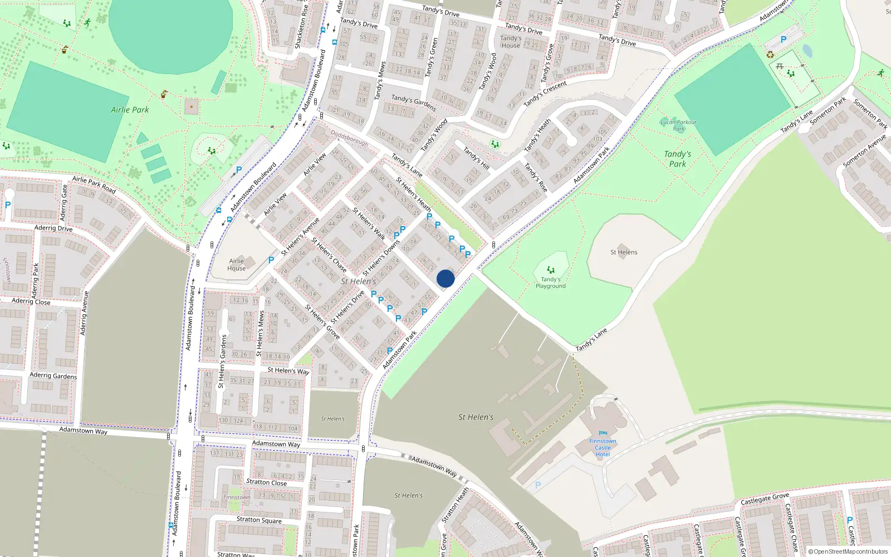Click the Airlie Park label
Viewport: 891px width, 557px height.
130,110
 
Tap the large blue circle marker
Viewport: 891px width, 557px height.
445,278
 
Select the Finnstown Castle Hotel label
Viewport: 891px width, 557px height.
603,448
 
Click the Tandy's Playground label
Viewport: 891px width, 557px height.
550,283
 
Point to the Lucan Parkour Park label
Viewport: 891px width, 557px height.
678,125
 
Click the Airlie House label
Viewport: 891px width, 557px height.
236,265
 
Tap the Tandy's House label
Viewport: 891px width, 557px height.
510,42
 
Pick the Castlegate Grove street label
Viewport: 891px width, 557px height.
765,499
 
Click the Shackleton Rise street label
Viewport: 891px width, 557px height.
301,26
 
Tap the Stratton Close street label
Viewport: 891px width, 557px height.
266,482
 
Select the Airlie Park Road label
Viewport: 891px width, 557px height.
94,184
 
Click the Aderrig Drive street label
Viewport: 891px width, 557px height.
53,228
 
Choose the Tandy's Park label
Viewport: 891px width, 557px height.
677,159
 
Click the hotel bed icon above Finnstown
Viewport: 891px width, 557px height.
603,433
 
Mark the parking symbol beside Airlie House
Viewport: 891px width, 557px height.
271,260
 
